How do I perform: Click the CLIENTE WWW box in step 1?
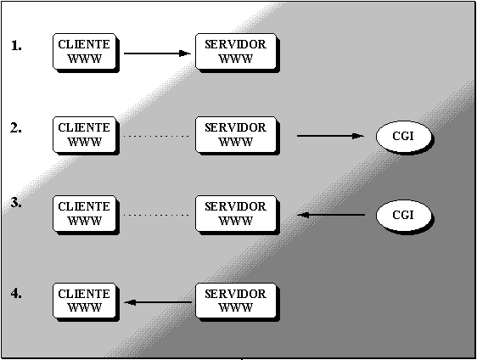(x=86, y=53)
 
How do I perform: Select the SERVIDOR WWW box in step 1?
(x=238, y=53)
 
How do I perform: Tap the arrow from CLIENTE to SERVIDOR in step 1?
(x=157, y=53)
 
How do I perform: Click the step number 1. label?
(x=16, y=46)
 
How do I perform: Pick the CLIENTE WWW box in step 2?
(x=86, y=136)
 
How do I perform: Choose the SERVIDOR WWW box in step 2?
(x=238, y=136)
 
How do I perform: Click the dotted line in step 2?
(x=156, y=136)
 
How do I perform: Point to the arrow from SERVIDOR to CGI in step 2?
(x=330, y=136)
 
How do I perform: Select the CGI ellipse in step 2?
(x=405, y=138)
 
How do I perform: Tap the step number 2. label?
(x=16, y=128)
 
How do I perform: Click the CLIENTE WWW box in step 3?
(x=86, y=215)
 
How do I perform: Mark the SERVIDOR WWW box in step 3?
(x=238, y=215)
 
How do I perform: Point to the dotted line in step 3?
(x=156, y=215)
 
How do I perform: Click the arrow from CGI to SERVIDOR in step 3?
(x=331, y=215)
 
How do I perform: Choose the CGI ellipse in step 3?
(x=405, y=217)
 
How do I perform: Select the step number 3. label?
(x=16, y=203)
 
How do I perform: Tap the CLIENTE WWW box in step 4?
(x=86, y=302)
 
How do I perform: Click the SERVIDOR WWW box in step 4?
(x=238, y=302)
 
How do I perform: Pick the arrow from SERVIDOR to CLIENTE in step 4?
(x=158, y=302)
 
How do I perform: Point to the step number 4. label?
(x=16, y=294)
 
